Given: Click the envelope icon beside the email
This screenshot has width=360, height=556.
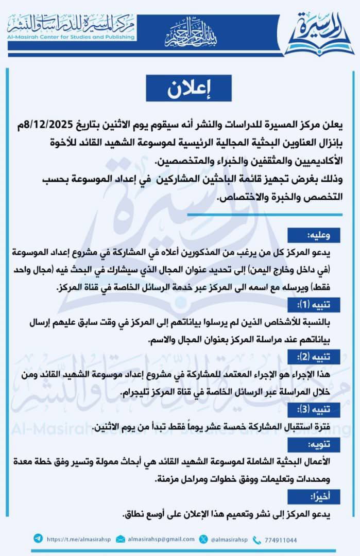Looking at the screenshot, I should (120, 539).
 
